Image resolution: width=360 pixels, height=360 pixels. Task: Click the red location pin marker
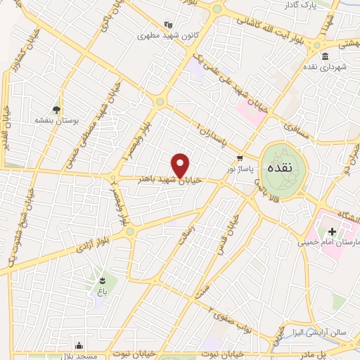(x=181, y=165)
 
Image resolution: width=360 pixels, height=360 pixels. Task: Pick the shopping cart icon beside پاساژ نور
(x=240, y=158)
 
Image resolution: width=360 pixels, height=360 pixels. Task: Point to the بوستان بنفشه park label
(x=55, y=120)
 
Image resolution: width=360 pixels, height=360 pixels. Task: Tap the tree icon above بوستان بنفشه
(x=56, y=109)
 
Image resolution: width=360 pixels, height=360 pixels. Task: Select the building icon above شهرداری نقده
(x=324, y=57)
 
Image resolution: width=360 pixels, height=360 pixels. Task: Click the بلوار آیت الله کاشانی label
(x=275, y=25)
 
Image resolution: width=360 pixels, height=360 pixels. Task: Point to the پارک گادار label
(x=335, y=6)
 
